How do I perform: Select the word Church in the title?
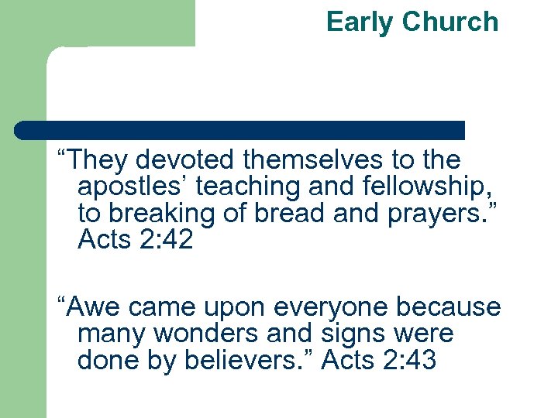point(449,22)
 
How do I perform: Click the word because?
point(449,307)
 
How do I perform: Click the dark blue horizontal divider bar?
point(240,129)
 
